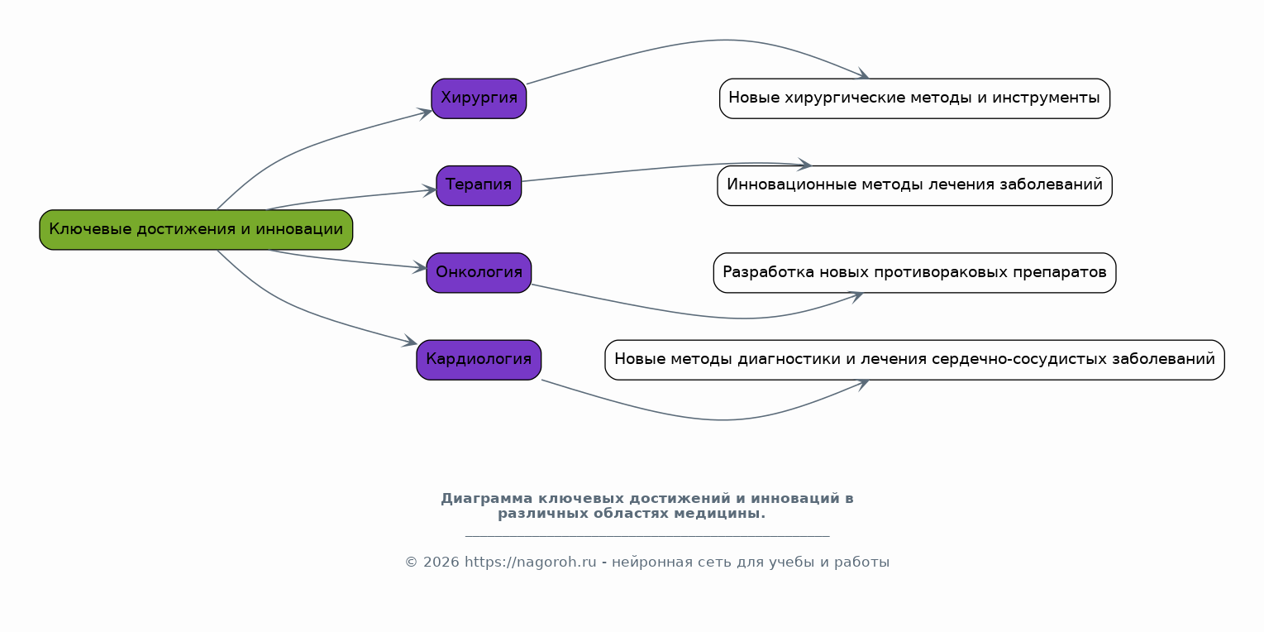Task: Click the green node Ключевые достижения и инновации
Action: [196, 230]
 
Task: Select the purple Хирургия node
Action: [479, 98]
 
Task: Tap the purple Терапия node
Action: [479, 185]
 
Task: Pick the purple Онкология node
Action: [479, 273]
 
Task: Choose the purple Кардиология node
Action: [479, 360]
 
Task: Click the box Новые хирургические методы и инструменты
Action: [914, 98]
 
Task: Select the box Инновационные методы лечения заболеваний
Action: [914, 185]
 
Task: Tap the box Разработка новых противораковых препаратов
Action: [914, 273]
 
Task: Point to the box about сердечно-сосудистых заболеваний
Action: [914, 360]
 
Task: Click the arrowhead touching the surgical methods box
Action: [862, 76]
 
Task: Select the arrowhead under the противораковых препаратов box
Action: [856, 295]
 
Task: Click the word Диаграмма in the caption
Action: [486, 499]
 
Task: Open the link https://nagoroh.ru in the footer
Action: [530, 563]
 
